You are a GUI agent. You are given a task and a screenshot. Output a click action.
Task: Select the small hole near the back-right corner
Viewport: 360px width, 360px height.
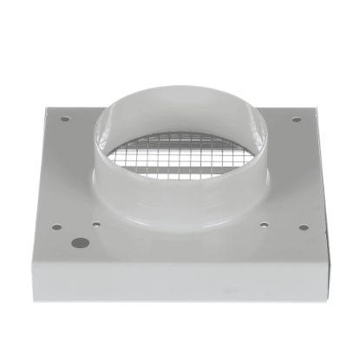click(x=297, y=119)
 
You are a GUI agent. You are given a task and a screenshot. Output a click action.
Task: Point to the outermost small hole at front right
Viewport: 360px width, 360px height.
click(x=304, y=228)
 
